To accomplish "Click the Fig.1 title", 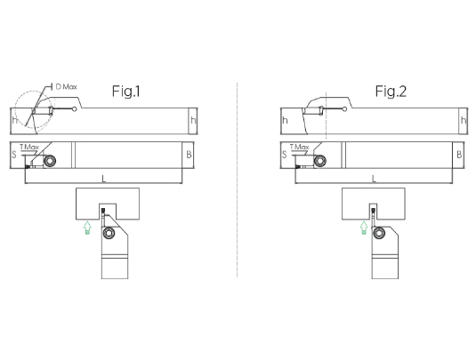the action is tap(126, 91).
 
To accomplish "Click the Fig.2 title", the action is tap(391, 91).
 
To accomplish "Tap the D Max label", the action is tap(67, 87).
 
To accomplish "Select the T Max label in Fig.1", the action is tap(29, 147).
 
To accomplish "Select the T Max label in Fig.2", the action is tap(299, 147).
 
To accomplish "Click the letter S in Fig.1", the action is tap(13, 155).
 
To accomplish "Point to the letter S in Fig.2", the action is tap(284, 155).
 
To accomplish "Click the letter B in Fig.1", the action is tap(189, 155).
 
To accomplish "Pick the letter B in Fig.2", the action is tap(459, 155).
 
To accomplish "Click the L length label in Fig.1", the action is tap(104, 179).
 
